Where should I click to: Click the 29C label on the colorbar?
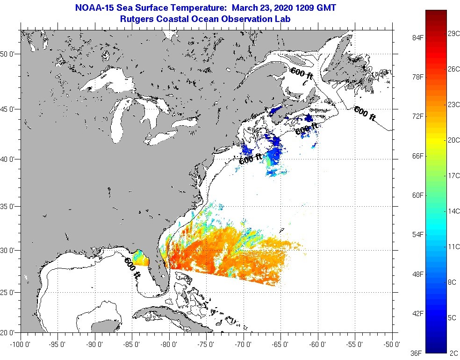pos(453,34)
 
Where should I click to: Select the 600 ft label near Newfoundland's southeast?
pos(364,114)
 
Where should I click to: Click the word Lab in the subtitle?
pos(282,19)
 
